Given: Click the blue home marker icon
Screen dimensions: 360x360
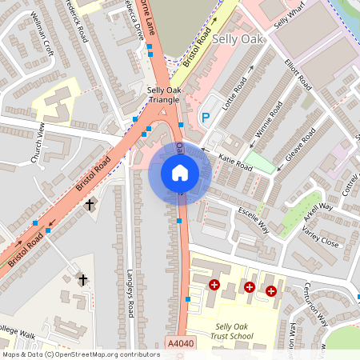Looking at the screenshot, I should [180, 173].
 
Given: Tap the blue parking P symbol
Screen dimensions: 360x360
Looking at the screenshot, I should [205, 118].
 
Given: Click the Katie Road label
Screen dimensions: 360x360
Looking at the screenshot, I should [234, 162].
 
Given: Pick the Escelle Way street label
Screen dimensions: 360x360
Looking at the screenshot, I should [254, 221].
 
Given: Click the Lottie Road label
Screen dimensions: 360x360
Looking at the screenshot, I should [237, 92].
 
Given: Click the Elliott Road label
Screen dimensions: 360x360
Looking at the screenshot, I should [297, 70].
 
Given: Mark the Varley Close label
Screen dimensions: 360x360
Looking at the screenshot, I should [319, 237].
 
